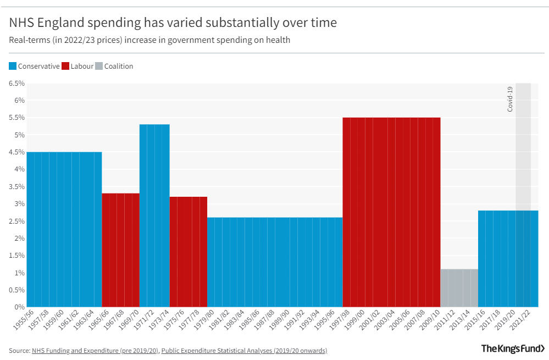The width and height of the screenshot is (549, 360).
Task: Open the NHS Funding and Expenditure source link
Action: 95,350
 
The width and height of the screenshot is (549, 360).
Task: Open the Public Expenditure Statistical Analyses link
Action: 243,350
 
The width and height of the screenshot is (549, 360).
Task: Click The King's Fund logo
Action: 513,348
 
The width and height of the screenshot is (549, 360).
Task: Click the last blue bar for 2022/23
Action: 534,258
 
